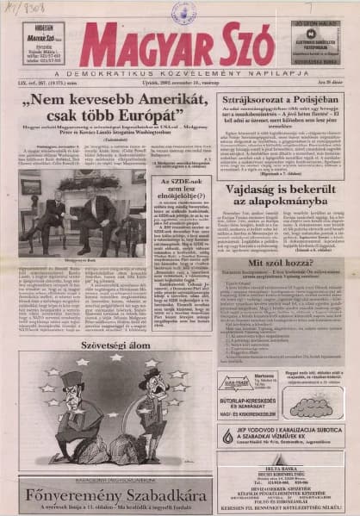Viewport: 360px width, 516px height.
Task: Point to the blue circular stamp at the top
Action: (183, 10)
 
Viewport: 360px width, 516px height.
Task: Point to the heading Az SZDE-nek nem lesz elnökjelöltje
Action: (182, 193)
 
